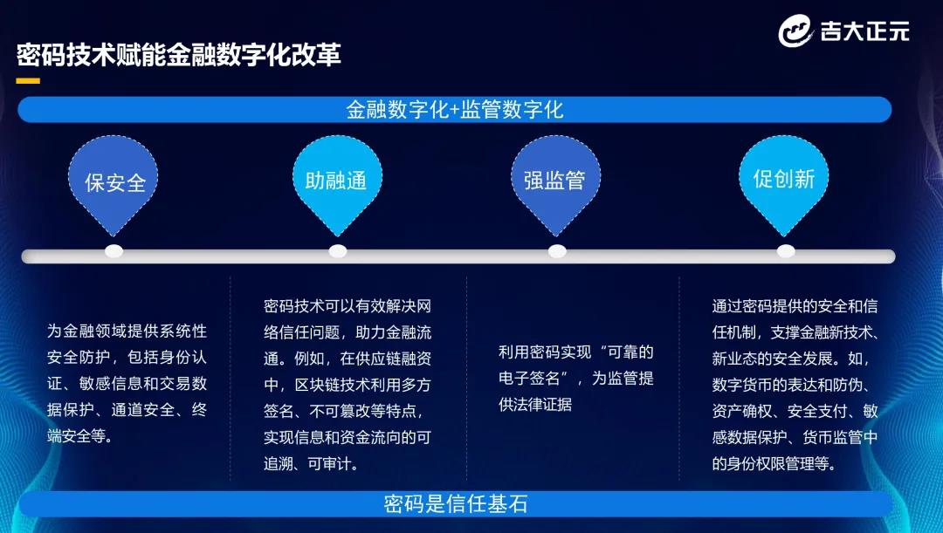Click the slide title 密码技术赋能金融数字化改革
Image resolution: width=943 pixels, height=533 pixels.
click(179, 55)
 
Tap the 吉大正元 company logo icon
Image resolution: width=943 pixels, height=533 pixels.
click(795, 31)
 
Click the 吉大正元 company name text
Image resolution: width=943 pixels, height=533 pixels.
click(864, 31)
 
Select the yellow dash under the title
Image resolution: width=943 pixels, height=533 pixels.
click(28, 80)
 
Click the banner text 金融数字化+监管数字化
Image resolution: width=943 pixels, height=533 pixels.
click(455, 109)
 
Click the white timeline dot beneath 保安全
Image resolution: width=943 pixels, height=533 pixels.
click(114, 251)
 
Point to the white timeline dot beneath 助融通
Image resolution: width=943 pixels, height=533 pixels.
click(338, 251)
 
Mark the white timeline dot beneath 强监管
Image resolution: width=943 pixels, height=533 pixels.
click(557, 251)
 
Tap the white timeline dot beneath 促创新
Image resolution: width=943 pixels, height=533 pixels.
click(786, 251)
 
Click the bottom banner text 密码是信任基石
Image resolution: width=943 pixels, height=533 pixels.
click(455, 503)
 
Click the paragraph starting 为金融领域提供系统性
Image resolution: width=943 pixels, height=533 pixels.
click(127, 383)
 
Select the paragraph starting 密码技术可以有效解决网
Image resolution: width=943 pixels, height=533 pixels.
click(348, 385)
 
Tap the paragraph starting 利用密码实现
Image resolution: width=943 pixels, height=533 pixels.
click(575, 378)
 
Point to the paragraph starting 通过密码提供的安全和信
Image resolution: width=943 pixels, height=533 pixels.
click(795, 385)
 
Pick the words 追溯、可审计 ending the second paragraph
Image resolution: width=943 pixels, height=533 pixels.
click(310, 464)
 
